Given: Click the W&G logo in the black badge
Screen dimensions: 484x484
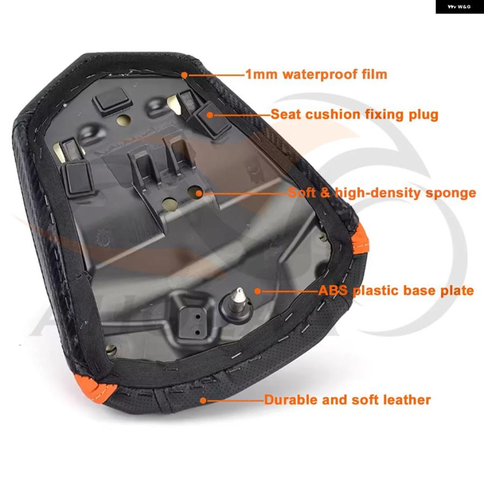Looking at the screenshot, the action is click(459, 6).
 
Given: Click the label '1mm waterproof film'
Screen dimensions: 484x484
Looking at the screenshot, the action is click(316, 74).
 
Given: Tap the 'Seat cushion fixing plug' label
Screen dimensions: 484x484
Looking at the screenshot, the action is click(354, 115).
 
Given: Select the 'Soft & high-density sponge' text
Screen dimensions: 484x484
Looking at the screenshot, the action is click(382, 193).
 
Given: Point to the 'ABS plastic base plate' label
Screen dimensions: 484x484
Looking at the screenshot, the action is click(396, 290).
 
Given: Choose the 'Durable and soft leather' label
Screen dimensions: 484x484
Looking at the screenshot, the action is click(347, 400).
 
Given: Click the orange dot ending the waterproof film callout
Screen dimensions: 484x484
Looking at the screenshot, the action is click(184, 75).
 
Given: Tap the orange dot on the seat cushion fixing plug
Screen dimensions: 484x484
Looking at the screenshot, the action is click(210, 115).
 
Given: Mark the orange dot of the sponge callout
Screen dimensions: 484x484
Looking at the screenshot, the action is click(199, 194).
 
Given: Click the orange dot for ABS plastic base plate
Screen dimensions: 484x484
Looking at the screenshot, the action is click(258, 291).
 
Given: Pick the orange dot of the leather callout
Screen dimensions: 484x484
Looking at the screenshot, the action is click(203, 401).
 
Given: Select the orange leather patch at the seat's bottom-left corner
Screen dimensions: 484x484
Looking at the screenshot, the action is click(95, 388).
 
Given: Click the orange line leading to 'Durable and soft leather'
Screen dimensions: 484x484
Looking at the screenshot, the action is click(235, 401).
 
